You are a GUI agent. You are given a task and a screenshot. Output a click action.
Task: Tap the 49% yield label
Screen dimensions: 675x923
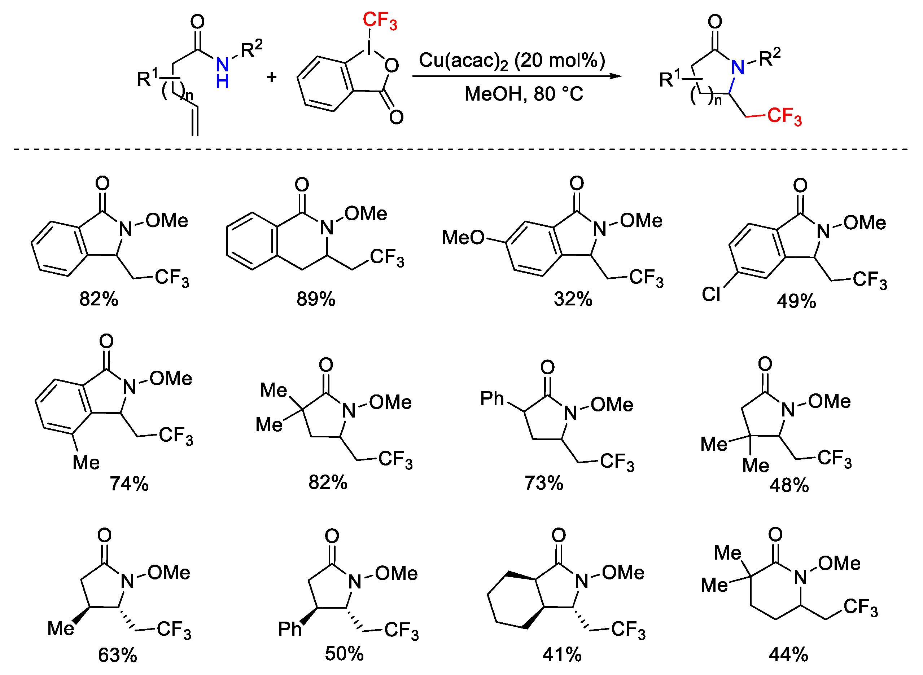coord(796,301)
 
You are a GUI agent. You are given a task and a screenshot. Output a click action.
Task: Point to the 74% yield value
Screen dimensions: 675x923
coord(129,484)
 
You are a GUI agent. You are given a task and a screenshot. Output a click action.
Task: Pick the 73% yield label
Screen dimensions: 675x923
coord(544,483)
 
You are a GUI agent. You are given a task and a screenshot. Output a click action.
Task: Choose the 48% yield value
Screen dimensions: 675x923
coord(789,485)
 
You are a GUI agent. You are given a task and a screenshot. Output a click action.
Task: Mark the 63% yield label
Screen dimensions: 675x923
coord(117,656)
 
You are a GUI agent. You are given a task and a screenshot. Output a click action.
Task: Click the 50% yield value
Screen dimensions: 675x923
coord(344,654)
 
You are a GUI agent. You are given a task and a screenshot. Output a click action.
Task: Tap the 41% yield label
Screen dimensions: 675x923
coord(562,655)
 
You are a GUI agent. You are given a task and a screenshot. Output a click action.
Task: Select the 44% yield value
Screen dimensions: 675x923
coord(788,654)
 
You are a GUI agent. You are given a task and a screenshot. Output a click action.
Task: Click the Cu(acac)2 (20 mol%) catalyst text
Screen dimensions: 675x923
coord(512,61)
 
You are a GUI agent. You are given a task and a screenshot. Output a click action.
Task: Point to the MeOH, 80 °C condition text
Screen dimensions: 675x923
coord(524,94)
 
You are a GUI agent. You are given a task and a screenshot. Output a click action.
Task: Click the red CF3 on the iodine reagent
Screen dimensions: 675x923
coord(379,21)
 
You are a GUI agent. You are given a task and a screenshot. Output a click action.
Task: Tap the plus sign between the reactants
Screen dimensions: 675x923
coord(271,76)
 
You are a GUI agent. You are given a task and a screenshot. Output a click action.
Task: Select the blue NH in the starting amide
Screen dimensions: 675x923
coord(222,73)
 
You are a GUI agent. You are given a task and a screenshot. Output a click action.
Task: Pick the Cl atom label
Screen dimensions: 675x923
coord(711,294)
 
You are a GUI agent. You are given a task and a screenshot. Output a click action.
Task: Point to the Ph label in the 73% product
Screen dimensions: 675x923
coord(492,398)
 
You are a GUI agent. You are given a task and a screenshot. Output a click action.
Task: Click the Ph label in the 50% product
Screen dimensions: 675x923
coord(289,629)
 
